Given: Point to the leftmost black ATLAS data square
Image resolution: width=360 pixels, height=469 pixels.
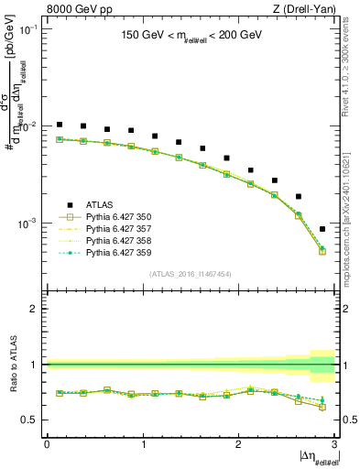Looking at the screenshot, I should click(60, 125).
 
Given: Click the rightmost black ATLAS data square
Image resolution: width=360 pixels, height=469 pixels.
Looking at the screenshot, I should click(322, 229).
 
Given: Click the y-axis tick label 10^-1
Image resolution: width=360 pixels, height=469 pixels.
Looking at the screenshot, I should click(30, 28).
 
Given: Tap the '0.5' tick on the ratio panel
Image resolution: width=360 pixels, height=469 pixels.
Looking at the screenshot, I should click(32, 420).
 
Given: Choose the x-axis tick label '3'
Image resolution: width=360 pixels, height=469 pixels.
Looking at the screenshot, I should click(335, 444).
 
